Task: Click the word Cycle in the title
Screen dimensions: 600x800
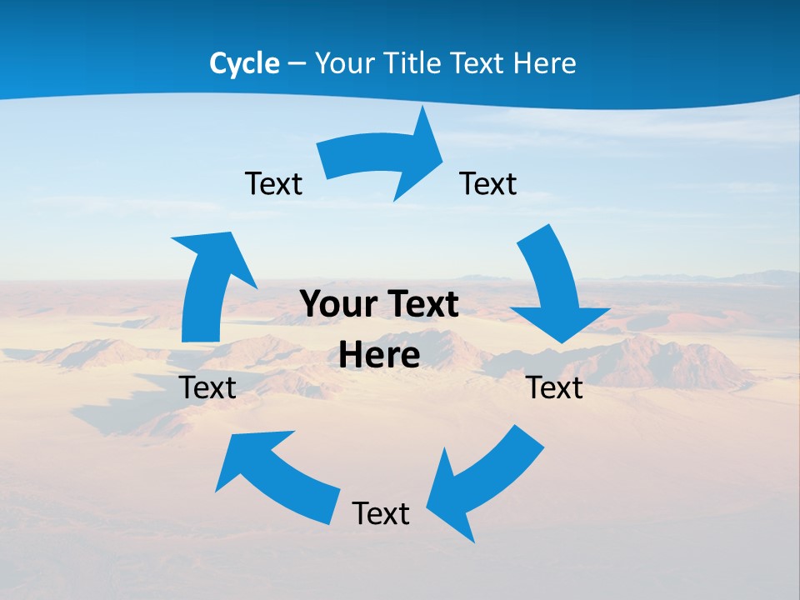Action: click(x=244, y=63)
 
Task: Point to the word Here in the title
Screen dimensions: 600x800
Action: click(x=544, y=63)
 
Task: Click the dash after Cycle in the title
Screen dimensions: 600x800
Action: click(x=297, y=64)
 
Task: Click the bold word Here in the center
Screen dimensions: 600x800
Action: click(x=379, y=355)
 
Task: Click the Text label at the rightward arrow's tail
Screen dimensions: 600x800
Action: click(x=273, y=183)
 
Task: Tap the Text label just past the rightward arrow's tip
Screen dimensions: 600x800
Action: click(x=488, y=183)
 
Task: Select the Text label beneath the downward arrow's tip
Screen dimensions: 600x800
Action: click(x=555, y=387)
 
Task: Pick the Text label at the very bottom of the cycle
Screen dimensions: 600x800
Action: click(x=381, y=513)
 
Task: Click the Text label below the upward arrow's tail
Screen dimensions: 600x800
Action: click(x=207, y=387)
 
